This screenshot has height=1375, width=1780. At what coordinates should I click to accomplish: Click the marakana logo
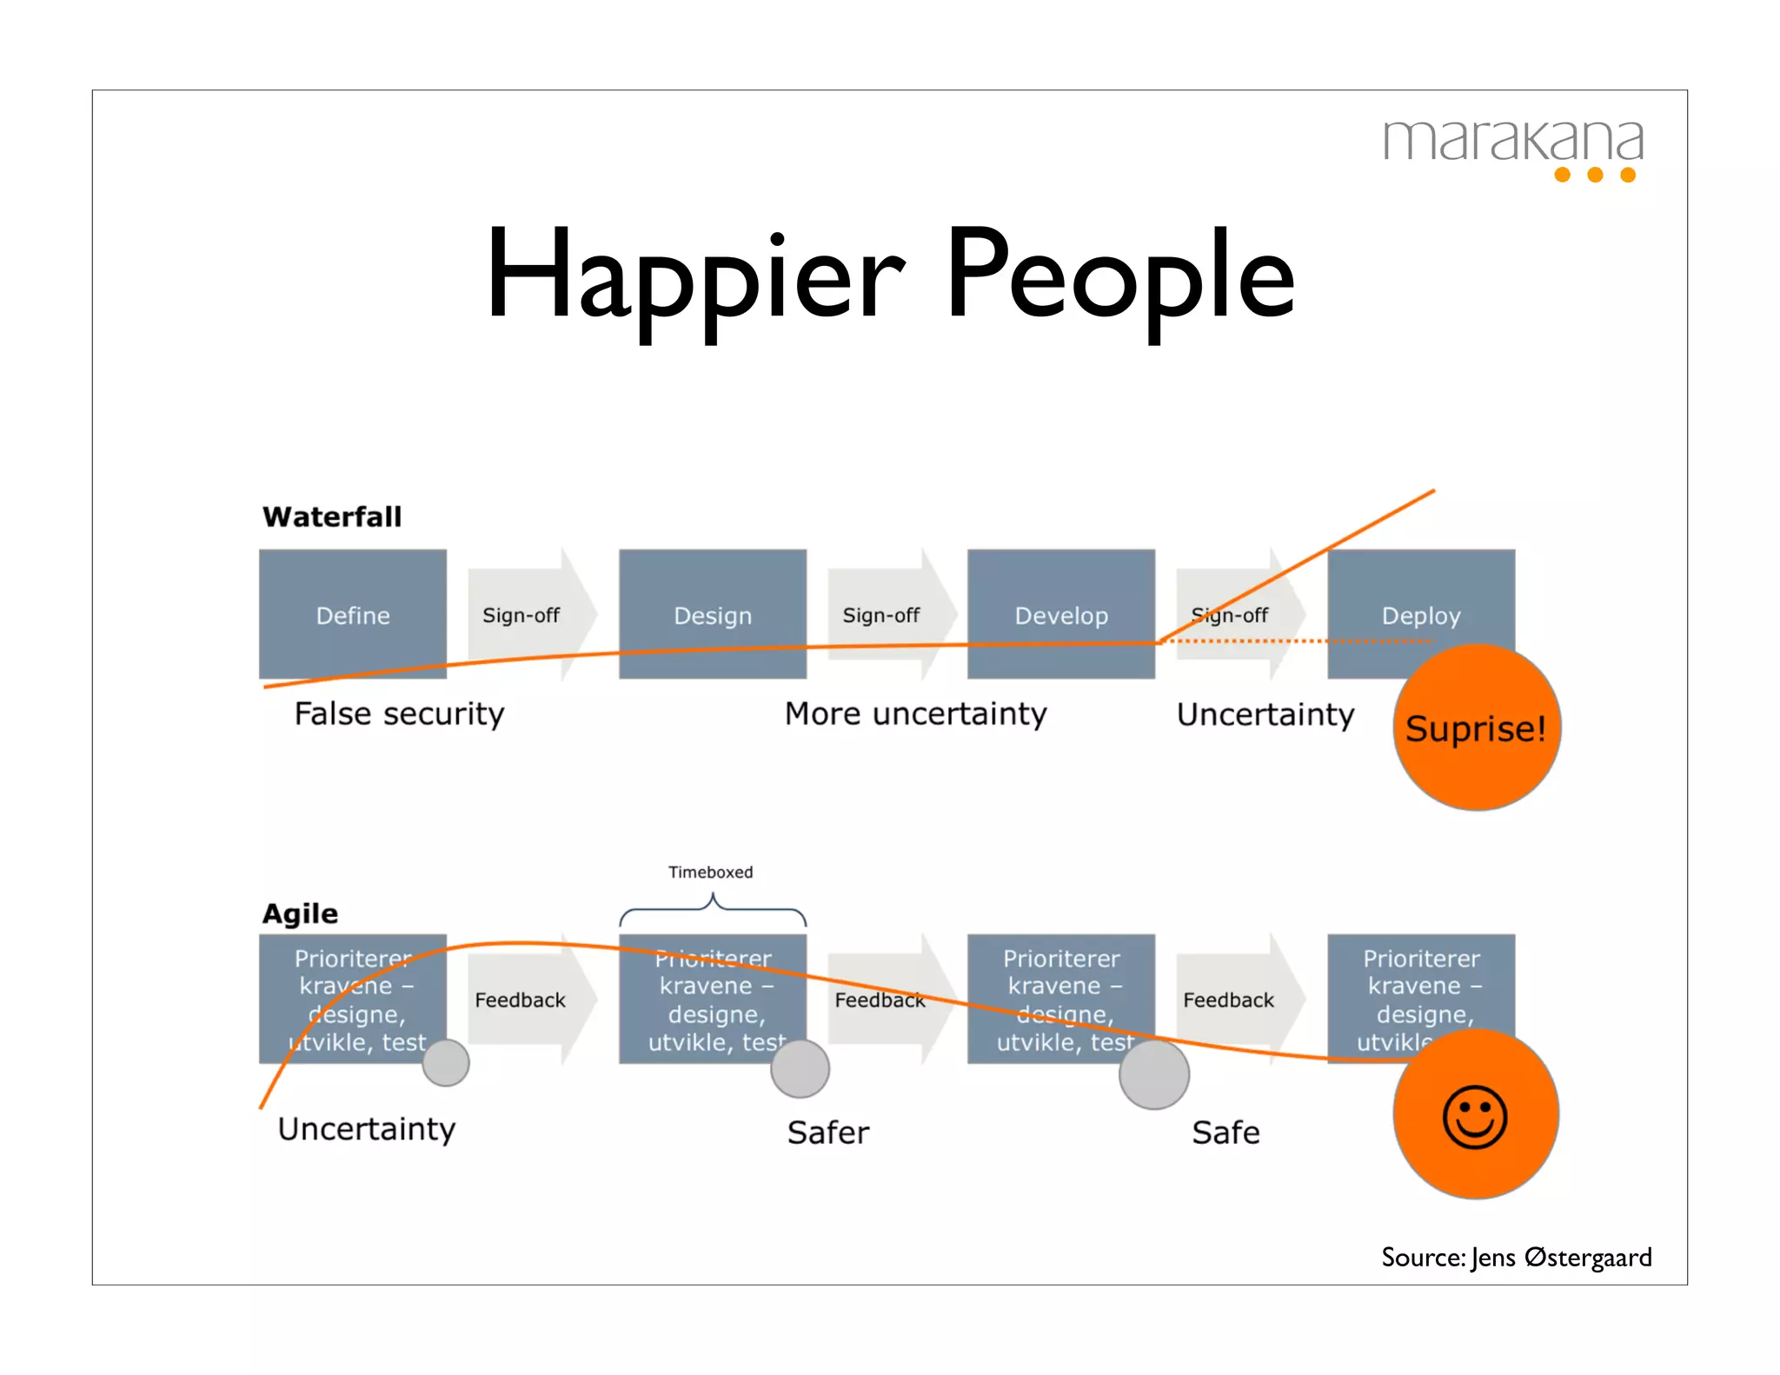tap(1513, 148)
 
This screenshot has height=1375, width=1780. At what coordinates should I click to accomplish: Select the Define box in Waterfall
tap(353, 614)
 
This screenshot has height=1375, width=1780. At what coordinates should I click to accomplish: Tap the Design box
tap(713, 614)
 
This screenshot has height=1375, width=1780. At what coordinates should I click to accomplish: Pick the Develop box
tap(1061, 614)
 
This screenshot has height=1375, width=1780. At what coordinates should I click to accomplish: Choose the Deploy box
tap(1421, 608)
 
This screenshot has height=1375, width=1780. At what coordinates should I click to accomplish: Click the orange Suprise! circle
tap(1477, 728)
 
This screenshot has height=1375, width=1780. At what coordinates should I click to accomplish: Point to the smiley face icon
tap(1475, 1117)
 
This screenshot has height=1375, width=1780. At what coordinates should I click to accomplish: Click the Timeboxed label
tap(710, 872)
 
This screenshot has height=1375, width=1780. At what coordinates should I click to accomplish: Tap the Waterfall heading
tap(332, 516)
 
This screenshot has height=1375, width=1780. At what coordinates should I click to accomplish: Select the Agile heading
tap(300, 913)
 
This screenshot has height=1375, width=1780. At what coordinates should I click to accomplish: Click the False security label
tap(399, 714)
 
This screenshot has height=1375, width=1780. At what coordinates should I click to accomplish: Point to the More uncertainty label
tap(915, 714)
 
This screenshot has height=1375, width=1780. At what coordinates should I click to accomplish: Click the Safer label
tap(827, 1133)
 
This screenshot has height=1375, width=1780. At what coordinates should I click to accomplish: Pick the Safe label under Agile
tap(1225, 1133)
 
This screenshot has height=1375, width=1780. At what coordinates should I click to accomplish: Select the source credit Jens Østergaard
tap(1517, 1257)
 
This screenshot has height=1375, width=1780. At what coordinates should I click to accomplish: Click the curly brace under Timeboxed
tap(713, 911)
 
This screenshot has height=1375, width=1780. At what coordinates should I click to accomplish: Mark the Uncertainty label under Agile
tap(367, 1129)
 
